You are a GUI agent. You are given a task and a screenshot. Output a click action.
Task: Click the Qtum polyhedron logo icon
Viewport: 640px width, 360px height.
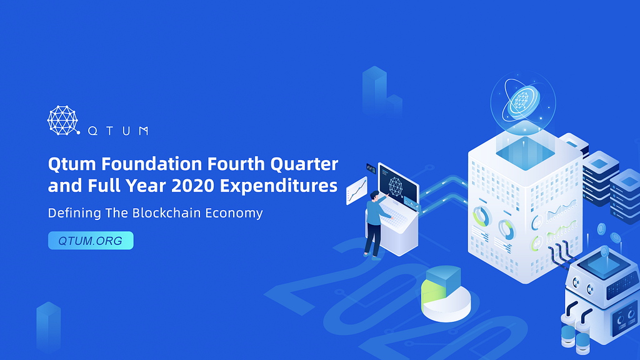(63, 121)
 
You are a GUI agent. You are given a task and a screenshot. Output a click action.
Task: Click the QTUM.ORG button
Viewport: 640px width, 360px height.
(91, 241)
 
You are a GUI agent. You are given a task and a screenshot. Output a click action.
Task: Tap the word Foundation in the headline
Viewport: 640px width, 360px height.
(152, 164)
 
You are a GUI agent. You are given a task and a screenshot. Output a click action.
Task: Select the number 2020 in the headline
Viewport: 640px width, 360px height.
(192, 186)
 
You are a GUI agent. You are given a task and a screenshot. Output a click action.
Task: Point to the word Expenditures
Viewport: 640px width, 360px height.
(279, 186)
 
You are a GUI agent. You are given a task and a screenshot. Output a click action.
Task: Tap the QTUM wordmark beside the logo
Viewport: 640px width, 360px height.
(118, 131)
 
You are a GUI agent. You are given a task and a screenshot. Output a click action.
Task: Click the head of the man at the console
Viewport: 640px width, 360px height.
(374, 196)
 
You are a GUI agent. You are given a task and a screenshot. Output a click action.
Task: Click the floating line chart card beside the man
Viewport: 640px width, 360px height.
(356, 191)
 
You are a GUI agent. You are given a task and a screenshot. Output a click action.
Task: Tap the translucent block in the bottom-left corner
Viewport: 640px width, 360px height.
(49, 326)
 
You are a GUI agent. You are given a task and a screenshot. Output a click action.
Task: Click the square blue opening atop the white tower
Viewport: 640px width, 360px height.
(525, 153)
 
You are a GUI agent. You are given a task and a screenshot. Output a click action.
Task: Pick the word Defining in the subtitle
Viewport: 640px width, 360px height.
(74, 213)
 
